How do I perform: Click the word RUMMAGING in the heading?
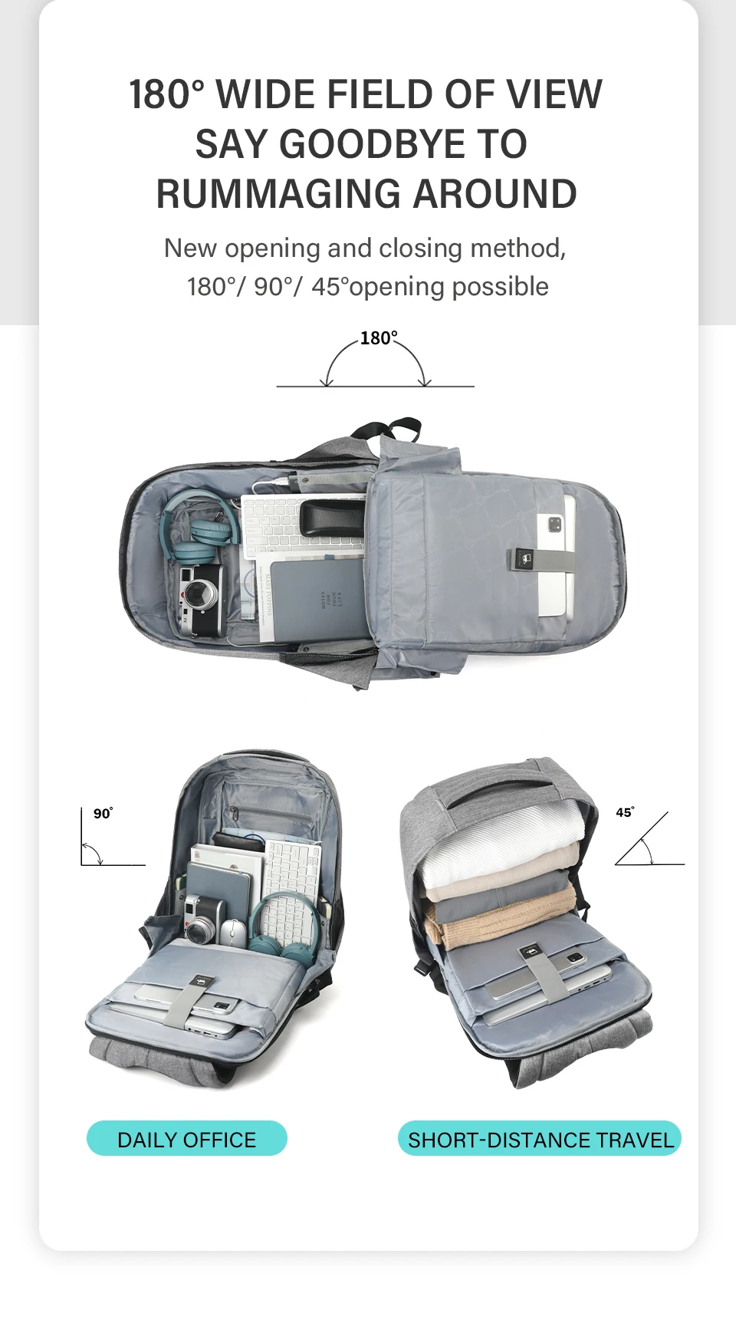(x=279, y=194)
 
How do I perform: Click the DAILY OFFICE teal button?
(x=187, y=1139)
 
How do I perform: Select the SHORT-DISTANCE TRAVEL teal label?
(x=540, y=1139)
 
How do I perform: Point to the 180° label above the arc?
(x=379, y=338)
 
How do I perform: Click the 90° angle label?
(x=103, y=813)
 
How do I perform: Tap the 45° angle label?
(x=625, y=812)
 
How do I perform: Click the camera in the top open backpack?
(x=201, y=600)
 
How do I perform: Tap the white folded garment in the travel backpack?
(x=498, y=844)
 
